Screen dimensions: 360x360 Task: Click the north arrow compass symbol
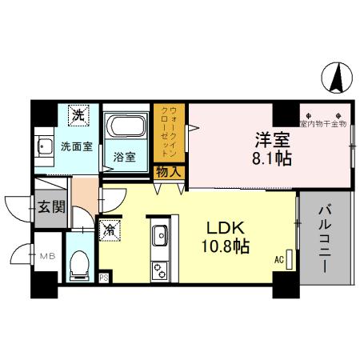337,79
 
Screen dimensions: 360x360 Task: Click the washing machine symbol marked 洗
78,115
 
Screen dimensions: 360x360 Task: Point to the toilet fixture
80,263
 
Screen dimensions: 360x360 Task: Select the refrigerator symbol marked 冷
109,230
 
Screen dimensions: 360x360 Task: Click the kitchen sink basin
158,235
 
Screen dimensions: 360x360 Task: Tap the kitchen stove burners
158,268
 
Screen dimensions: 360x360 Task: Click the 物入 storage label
168,171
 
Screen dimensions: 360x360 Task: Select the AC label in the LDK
279,259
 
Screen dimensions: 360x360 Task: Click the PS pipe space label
104,278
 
